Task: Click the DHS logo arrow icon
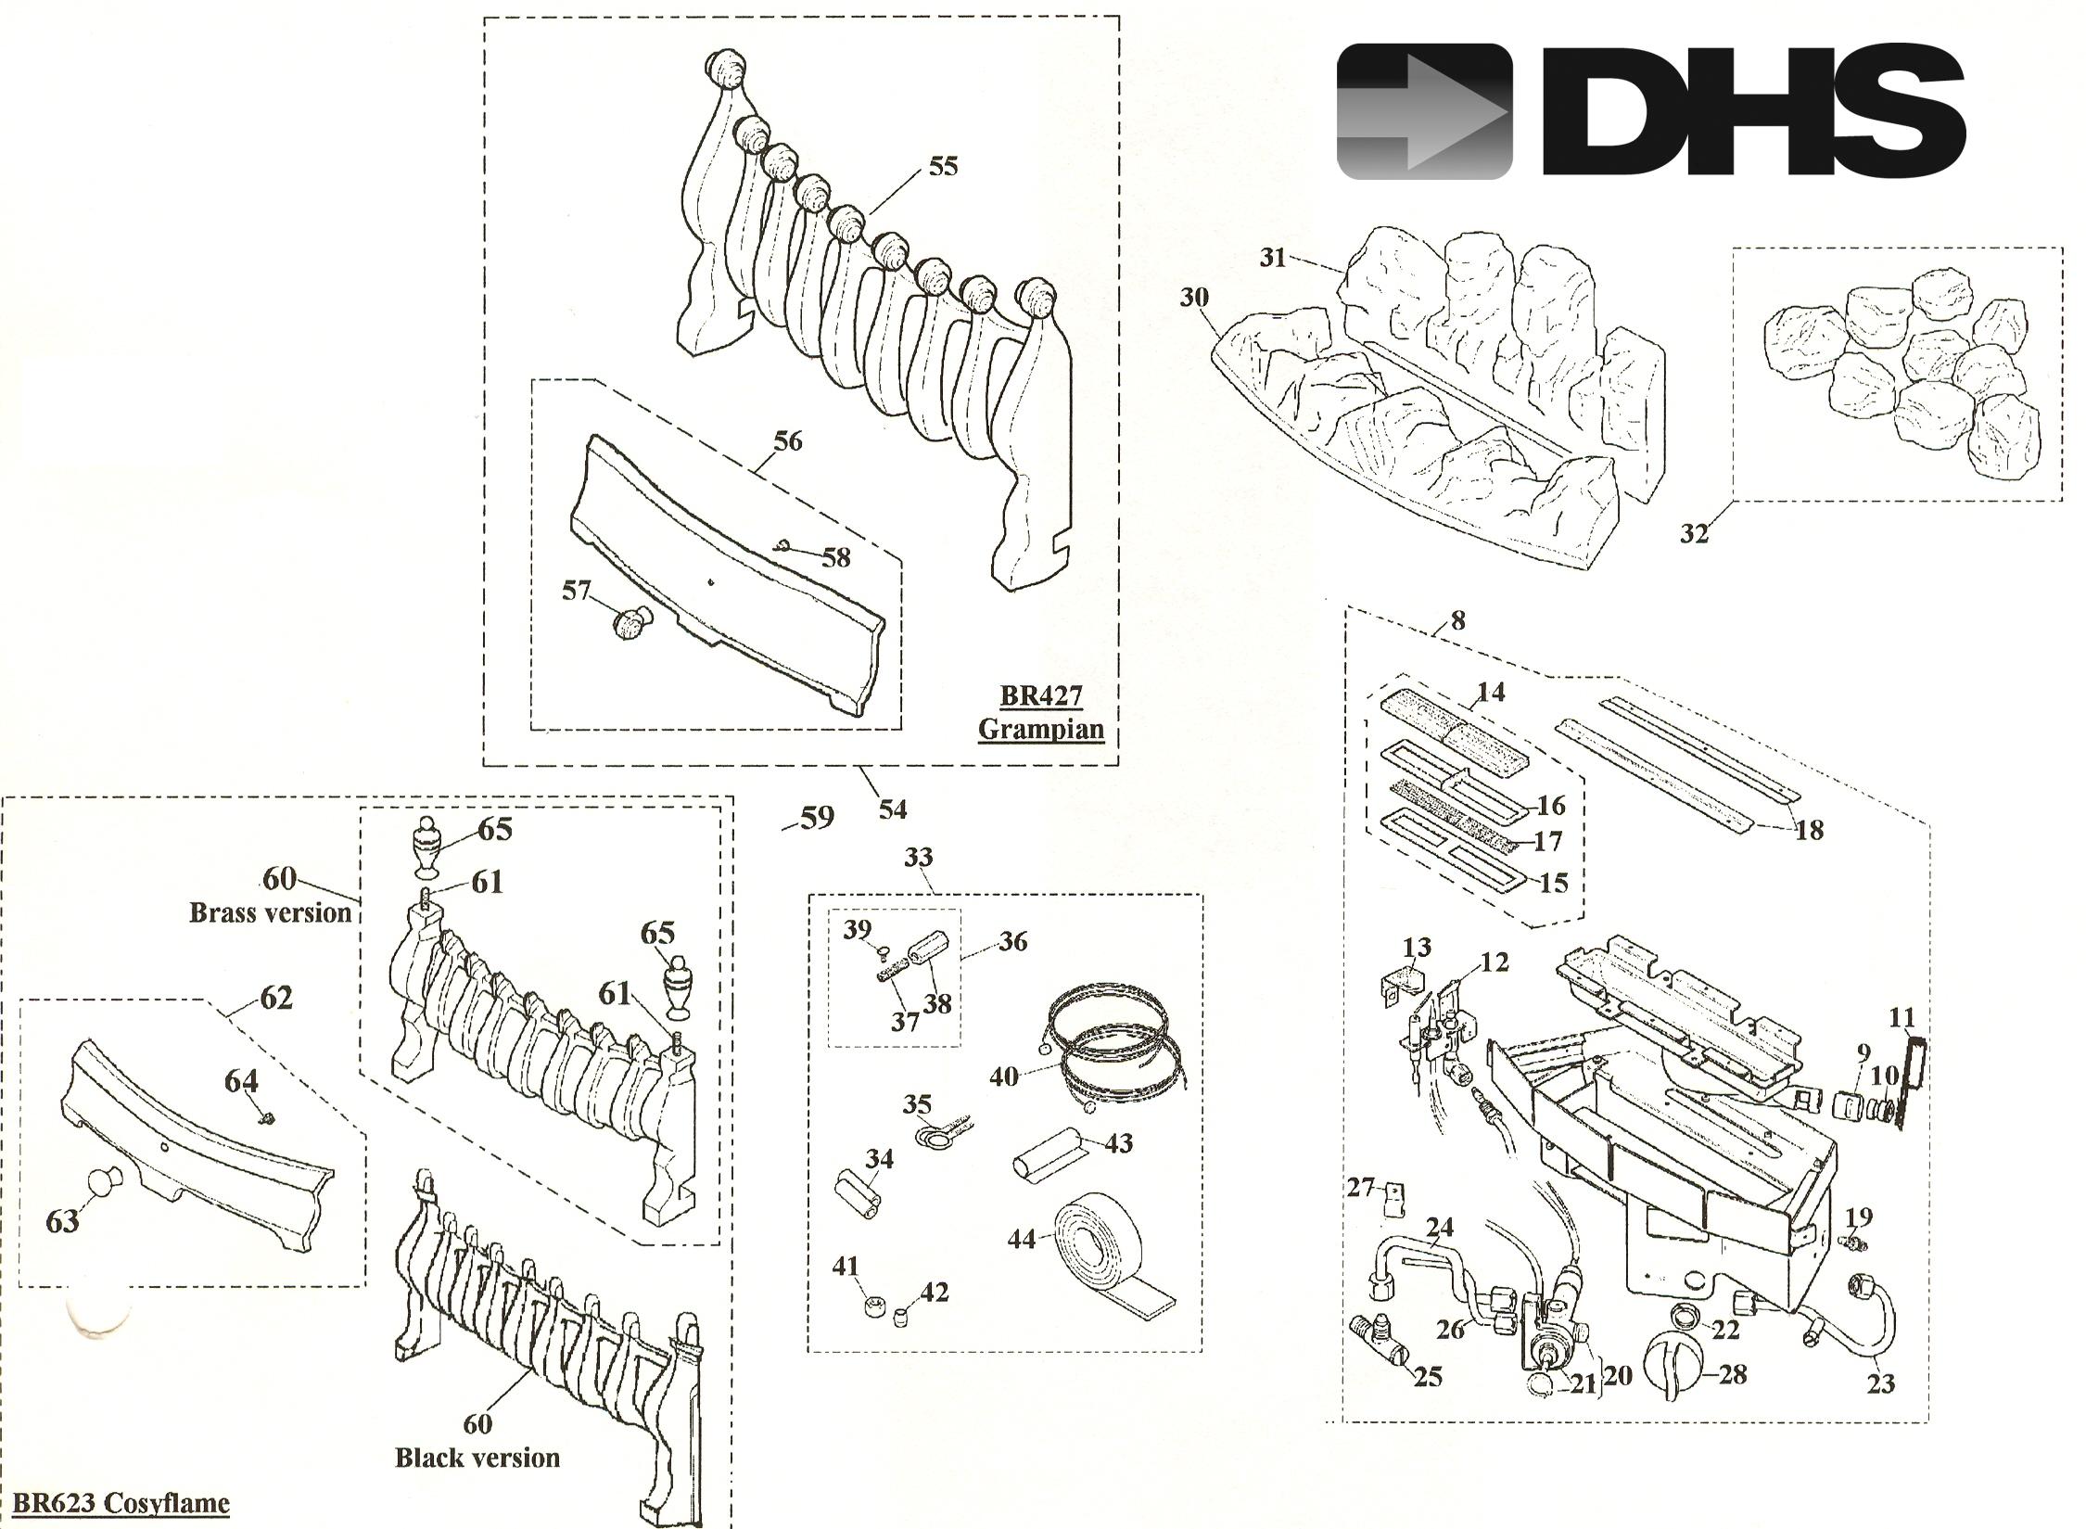click(x=1425, y=111)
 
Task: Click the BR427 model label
click(x=1040, y=694)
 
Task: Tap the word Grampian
click(x=1041, y=729)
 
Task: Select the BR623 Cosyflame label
click(x=121, y=1502)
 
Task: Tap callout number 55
click(x=942, y=167)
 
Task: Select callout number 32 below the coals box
click(x=1694, y=534)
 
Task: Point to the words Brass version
click(x=270, y=912)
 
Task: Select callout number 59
click(x=817, y=818)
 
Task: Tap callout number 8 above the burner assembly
click(x=1457, y=620)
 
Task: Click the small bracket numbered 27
click(x=1391, y=1202)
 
